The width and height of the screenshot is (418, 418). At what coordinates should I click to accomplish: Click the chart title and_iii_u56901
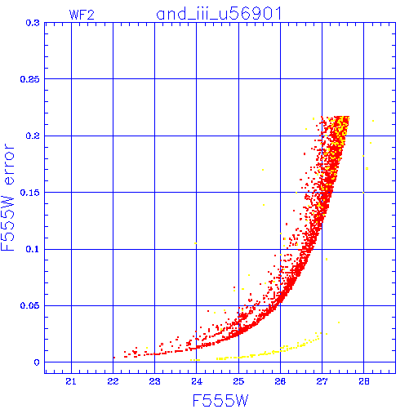click(x=219, y=14)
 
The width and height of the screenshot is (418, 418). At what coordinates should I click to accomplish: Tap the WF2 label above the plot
click(x=82, y=15)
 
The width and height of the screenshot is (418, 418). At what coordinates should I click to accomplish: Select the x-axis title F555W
click(x=220, y=401)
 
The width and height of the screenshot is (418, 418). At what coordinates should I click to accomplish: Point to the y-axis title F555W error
click(x=7, y=198)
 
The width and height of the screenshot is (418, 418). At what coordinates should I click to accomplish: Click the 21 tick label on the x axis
click(x=71, y=382)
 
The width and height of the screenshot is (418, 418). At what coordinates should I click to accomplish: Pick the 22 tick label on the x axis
click(x=113, y=382)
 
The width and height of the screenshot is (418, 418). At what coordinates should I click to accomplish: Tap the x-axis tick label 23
click(x=154, y=382)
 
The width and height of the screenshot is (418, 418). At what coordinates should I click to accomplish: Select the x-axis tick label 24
click(x=197, y=382)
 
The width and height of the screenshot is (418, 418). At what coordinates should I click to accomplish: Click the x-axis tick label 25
click(x=238, y=382)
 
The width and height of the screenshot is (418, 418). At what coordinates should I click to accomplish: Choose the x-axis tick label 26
click(x=280, y=382)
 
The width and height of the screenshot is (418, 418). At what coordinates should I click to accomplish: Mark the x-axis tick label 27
click(x=322, y=382)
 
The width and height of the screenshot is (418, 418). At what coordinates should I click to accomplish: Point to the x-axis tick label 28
click(x=364, y=382)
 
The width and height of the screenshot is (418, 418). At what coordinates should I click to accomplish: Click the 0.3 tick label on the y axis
click(x=33, y=23)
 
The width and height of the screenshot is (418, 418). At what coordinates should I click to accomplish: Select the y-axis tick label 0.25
click(x=30, y=79)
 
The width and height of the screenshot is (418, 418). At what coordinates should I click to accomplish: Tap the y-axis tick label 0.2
click(x=33, y=136)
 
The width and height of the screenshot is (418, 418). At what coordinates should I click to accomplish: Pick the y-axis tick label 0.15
click(x=30, y=193)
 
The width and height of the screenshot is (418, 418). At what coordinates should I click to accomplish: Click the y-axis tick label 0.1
click(x=33, y=249)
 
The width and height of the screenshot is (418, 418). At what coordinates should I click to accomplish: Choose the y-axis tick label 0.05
click(x=30, y=305)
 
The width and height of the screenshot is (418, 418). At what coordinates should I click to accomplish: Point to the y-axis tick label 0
click(x=37, y=362)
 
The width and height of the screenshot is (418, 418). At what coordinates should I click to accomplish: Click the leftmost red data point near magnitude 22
click(x=114, y=358)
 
